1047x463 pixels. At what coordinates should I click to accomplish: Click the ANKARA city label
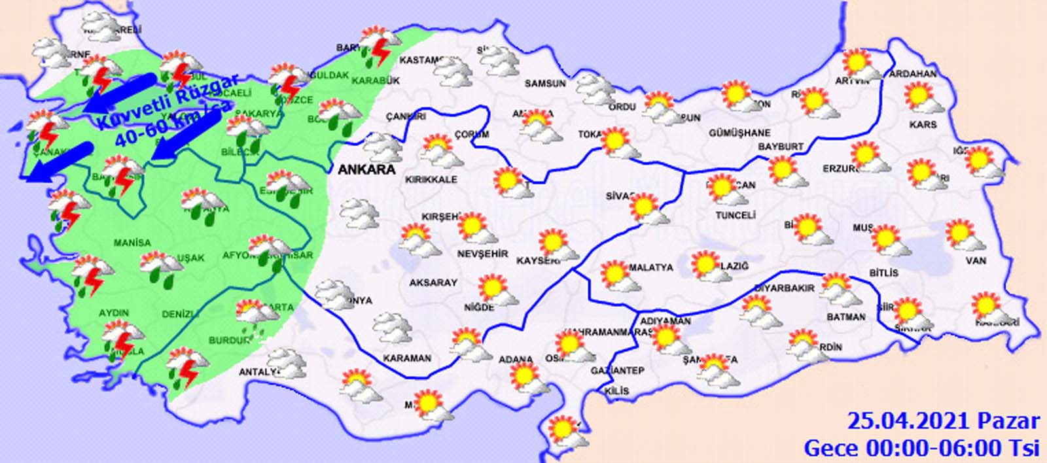point(366,169)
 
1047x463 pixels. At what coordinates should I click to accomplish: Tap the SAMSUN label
point(545,84)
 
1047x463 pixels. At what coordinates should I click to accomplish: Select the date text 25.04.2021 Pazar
point(943,420)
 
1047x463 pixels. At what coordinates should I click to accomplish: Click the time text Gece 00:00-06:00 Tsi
point(921,447)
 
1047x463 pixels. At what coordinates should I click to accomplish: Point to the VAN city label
point(976,261)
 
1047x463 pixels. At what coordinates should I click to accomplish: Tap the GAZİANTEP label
point(617,371)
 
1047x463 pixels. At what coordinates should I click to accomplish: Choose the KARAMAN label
point(407,358)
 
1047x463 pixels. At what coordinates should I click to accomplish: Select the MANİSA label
point(132,243)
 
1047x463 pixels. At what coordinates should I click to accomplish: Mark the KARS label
point(923,124)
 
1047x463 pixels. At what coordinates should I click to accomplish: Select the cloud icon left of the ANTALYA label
point(287,363)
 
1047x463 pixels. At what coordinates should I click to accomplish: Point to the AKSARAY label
point(433,283)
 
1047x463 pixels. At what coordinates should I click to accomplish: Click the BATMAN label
point(846,317)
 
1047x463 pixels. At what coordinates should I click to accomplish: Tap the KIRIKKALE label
point(431,180)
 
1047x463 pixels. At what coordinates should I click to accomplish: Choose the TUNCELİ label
point(736,215)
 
